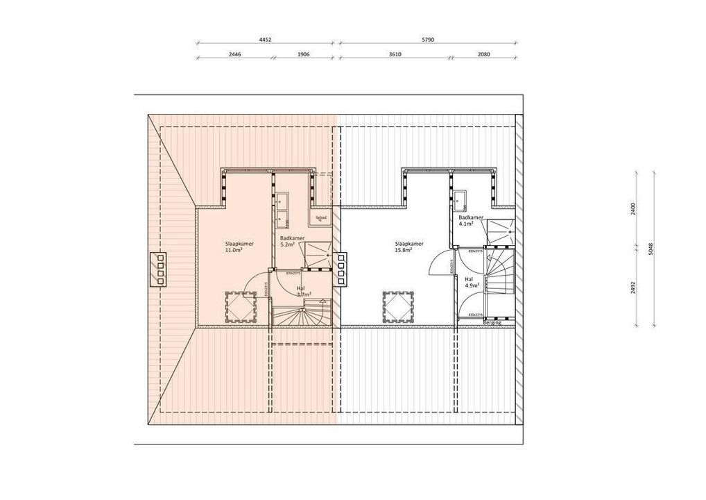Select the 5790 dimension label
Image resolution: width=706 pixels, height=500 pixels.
(x=427, y=40)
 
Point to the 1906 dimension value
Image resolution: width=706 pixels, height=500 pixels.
(x=302, y=54)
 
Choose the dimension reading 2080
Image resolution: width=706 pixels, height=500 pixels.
(x=484, y=54)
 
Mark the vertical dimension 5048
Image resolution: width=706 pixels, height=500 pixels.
(x=650, y=249)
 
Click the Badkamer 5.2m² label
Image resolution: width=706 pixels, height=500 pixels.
(x=288, y=242)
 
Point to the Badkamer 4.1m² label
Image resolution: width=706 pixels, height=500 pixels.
(x=467, y=220)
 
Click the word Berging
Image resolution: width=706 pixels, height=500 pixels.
(x=492, y=322)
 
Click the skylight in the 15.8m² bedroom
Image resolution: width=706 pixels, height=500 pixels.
(x=398, y=305)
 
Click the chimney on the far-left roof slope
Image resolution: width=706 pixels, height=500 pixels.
(x=161, y=268)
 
